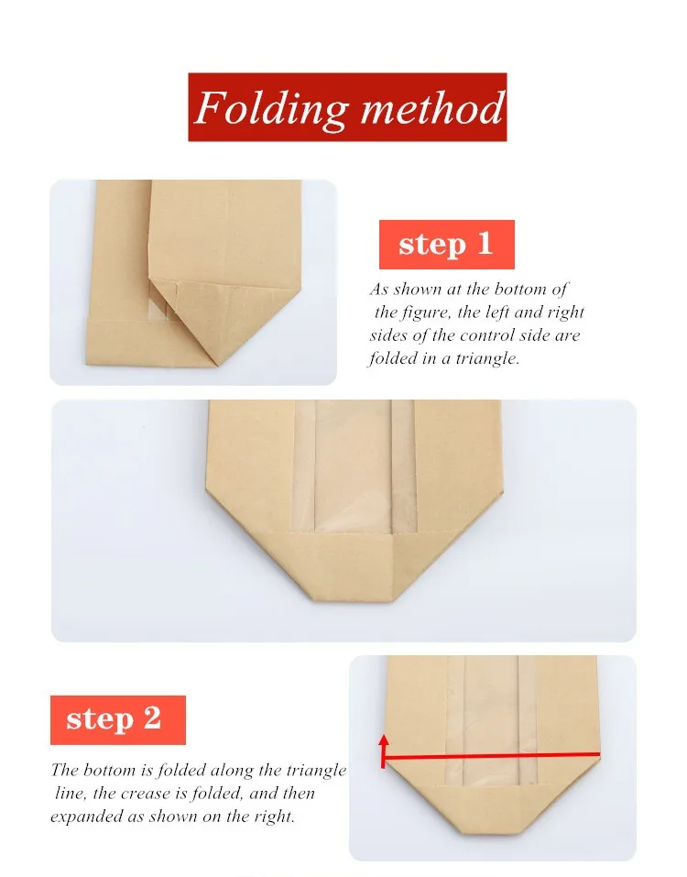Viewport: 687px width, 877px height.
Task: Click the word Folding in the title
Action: coord(270,108)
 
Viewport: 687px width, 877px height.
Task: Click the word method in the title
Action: coord(432,107)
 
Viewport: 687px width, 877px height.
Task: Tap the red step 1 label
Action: coord(447,245)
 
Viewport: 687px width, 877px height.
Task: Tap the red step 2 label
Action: coord(118,719)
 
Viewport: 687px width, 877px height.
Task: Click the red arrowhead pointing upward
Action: coord(384,741)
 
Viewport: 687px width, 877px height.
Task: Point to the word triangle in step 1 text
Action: coord(487,358)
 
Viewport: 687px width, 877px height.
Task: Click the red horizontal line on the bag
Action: coord(492,756)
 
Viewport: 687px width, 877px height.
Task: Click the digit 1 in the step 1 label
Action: coord(485,244)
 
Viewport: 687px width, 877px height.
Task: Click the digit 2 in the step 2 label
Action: coord(152,718)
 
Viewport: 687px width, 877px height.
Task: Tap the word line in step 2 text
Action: coord(71,794)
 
